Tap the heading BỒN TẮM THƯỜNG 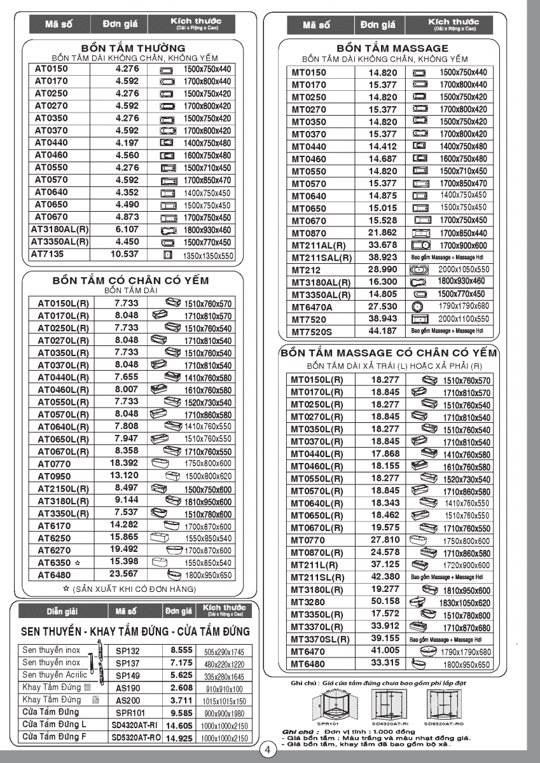pyautogui.click(x=133, y=48)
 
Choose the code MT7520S pyautogui.click(x=312, y=331)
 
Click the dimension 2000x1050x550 pyautogui.click(x=464, y=270)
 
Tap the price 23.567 pyautogui.click(x=123, y=575)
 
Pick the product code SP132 pyautogui.click(x=127, y=651)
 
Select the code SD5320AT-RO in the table pyautogui.click(x=136, y=738)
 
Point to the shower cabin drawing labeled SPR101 pyautogui.click(x=328, y=707)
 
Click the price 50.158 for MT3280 pyautogui.click(x=385, y=601)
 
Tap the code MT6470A pyautogui.click(x=312, y=306)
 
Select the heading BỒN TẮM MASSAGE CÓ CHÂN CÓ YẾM pyautogui.click(x=389, y=352)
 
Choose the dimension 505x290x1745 pyautogui.click(x=225, y=652)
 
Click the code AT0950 pyautogui.click(x=53, y=476)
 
